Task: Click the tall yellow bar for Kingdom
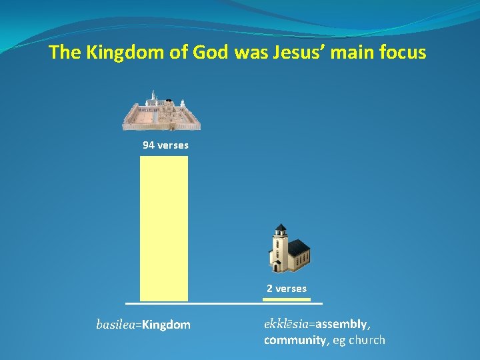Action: click(164, 228)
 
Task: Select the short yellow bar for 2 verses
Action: click(286, 299)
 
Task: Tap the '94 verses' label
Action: click(165, 145)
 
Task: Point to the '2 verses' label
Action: click(287, 289)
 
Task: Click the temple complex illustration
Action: click(161, 111)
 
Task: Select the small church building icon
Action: click(289, 248)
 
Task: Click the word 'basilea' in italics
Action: click(115, 325)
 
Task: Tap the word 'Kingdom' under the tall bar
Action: click(166, 325)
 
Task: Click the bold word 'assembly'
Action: click(341, 324)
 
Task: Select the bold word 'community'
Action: click(292, 340)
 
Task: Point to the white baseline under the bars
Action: click(224, 304)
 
